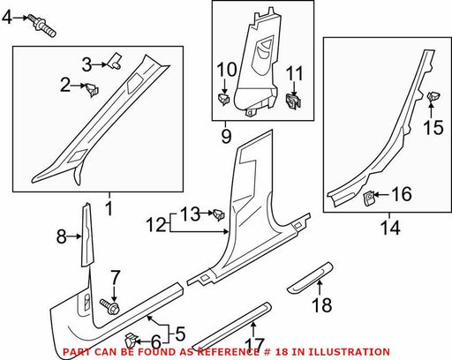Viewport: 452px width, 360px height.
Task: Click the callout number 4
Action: (7, 18)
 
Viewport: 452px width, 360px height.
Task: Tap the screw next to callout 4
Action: (42, 26)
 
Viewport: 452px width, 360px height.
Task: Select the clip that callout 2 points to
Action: (92, 89)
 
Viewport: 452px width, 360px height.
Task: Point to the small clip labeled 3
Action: (115, 61)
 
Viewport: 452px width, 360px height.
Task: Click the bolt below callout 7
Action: (110, 306)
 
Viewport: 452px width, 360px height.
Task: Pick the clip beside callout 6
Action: (131, 341)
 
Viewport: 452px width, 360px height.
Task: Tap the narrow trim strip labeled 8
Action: (87, 235)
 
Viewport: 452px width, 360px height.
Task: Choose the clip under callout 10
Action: (223, 98)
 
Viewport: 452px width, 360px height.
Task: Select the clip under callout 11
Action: (293, 101)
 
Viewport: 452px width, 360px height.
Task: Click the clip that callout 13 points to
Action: (219, 214)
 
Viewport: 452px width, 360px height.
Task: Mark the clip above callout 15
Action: (433, 96)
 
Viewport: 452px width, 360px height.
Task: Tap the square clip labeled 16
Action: (369, 198)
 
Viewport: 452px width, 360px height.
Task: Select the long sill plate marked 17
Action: (232, 325)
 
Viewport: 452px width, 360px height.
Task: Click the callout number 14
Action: (390, 228)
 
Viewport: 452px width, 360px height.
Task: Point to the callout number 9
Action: (226, 136)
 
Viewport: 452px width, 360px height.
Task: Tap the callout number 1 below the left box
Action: (109, 208)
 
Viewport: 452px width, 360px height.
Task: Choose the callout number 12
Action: (157, 225)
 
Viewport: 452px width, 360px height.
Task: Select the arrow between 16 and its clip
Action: (381, 194)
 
